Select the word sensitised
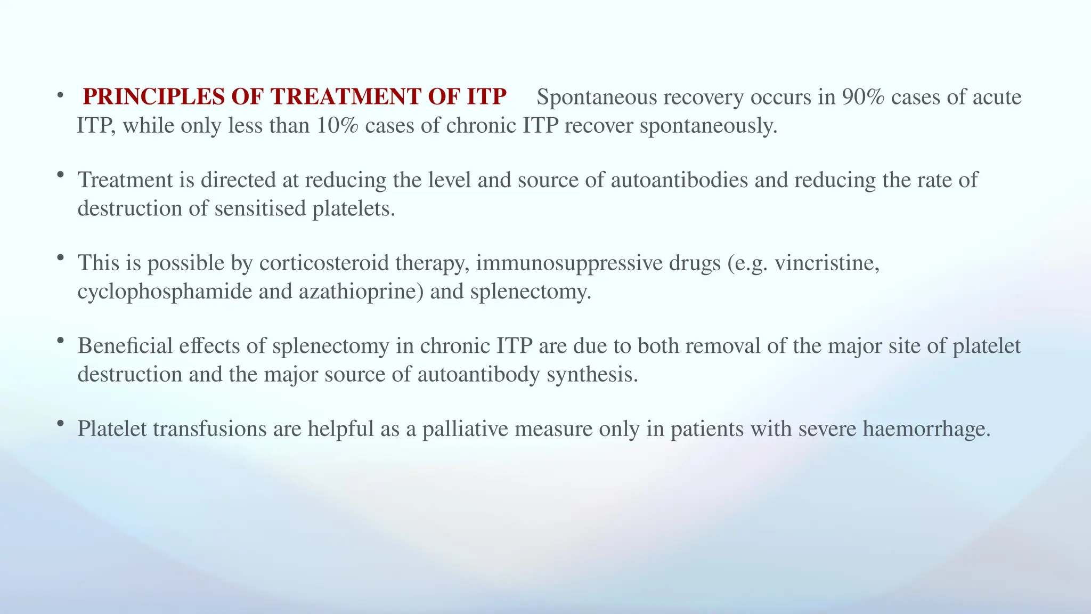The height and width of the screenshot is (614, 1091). (260, 208)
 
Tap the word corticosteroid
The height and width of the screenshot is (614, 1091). (325, 263)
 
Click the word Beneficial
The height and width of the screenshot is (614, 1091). (125, 346)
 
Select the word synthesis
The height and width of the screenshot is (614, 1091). (592, 374)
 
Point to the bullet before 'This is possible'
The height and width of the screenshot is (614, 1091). (60, 258)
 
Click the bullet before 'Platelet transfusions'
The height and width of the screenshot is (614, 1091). (60, 424)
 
